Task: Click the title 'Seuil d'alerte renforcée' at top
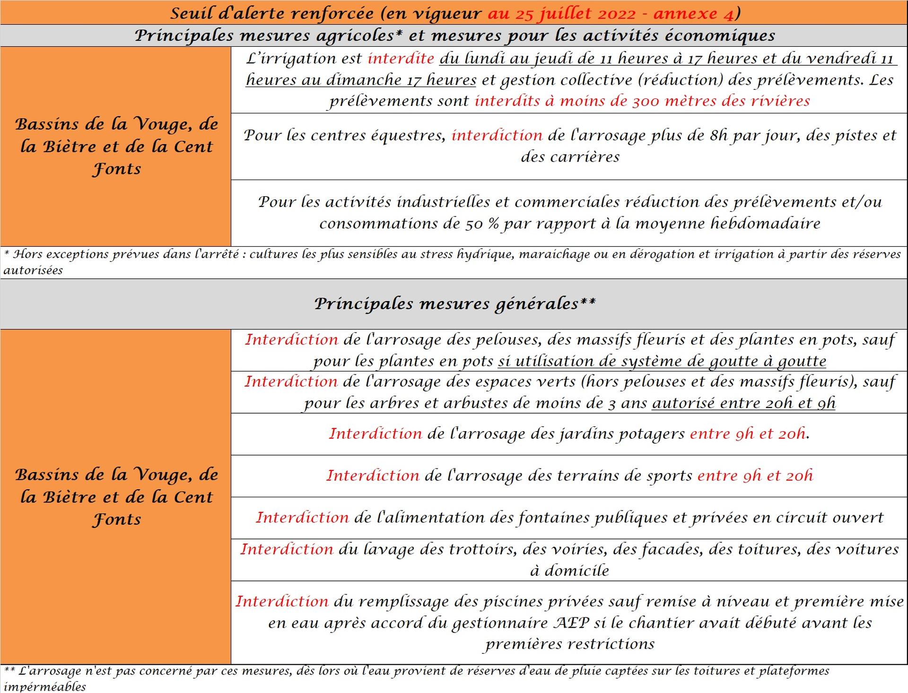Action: coord(272,13)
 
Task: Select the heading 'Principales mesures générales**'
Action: coord(454,303)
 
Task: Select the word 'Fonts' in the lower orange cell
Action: coord(116,520)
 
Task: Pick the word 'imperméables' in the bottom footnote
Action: coord(45,686)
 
